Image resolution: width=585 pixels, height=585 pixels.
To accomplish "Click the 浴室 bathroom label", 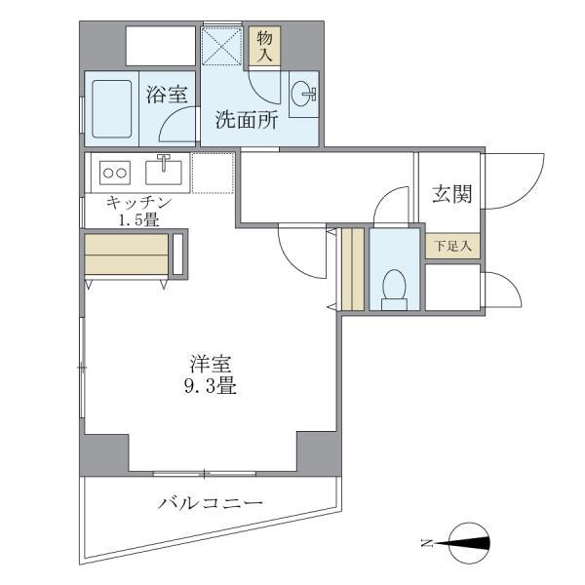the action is (x=167, y=94).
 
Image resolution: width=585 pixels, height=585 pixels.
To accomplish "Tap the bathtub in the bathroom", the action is (x=112, y=108).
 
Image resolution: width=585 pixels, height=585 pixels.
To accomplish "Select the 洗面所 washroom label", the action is (x=247, y=120).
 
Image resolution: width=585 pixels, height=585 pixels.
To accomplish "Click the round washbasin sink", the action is (x=303, y=94).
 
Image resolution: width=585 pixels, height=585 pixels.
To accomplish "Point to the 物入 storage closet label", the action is (x=264, y=46).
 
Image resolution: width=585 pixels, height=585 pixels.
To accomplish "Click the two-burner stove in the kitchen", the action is (x=115, y=173).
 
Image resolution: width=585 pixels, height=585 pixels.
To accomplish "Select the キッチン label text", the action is (x=138, y=203).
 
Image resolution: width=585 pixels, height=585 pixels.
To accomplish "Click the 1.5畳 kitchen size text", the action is (x=138, y=219).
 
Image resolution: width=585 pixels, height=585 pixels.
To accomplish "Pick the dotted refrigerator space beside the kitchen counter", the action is (x=213, y=173).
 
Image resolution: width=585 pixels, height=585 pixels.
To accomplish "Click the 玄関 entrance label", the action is (x=451, y=194).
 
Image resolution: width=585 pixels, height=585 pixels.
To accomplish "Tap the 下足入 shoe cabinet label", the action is (x=453, y=246).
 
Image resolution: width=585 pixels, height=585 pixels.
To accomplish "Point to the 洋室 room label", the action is (x=211, y=364).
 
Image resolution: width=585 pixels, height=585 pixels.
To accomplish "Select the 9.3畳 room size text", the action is (x=211, y=386).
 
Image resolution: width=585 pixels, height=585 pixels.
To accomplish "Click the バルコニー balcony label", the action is (x=211, y=503).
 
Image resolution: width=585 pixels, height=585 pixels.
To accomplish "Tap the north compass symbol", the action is (x=469, y=542).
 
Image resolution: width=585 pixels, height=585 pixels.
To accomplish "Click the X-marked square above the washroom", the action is (x=222, y=46).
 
